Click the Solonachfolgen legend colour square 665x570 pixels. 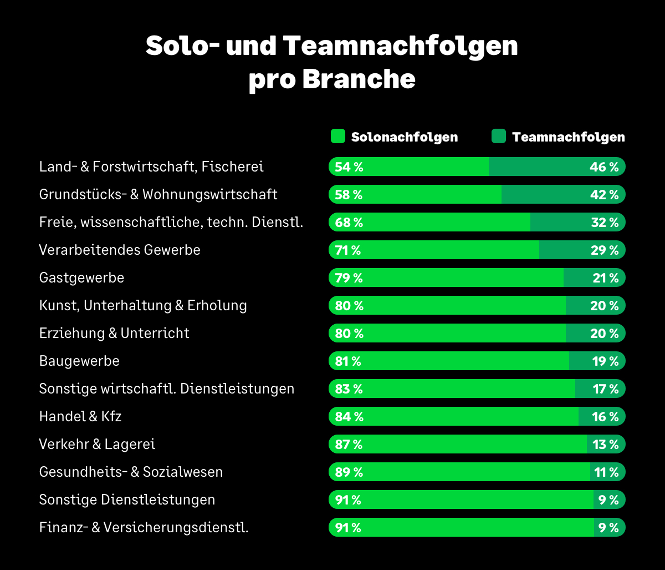tap(338, 137)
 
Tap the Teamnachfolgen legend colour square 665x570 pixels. tap(499, 137)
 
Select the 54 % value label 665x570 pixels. tap(349, 167)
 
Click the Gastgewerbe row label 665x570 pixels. tap(81, 278)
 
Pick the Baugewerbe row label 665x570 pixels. tap(79, 361)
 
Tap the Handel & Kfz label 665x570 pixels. tap(80, 416)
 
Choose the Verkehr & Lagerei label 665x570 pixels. tap(97, 444)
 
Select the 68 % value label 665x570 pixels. tap(349, 223)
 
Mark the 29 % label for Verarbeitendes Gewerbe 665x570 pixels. tap(605, 250)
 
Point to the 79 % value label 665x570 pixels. tap(349, 278)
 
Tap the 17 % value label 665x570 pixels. tap(606, 389)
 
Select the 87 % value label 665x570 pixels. tap(349, 445)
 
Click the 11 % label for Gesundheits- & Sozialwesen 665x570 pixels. tap(607, 472)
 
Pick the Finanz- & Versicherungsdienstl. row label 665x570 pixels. tap(144, 527)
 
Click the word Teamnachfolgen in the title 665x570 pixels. tap(401, 47)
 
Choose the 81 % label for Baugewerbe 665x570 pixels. tap(348, 361)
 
